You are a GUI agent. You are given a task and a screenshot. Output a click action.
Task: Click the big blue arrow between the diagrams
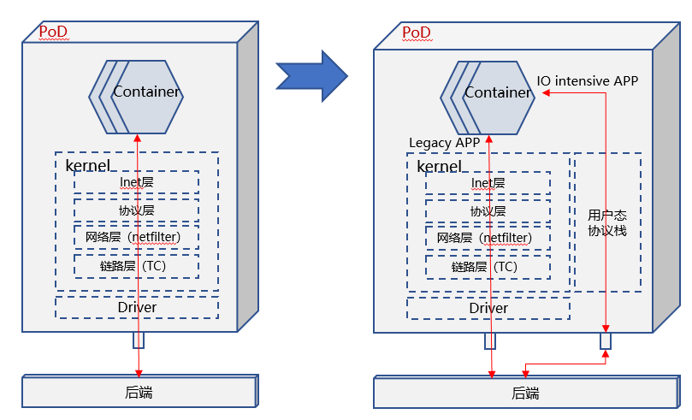[311, 74]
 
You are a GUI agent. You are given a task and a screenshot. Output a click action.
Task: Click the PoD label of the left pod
[53, 33]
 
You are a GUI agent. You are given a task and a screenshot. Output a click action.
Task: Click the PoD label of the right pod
[416, 33]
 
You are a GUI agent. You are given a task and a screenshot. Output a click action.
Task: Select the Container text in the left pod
[146, 92]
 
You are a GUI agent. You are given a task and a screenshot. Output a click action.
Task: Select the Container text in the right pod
[498, 92]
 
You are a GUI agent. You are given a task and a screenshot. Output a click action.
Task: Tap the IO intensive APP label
[588, 81]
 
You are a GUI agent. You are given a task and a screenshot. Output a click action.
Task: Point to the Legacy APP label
[444, 143]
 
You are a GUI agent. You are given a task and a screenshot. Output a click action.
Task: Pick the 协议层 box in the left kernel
[136, 210]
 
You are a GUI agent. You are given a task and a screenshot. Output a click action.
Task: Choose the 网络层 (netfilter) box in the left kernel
[136, 238]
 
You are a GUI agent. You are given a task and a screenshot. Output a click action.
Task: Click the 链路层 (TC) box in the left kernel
[136, 266]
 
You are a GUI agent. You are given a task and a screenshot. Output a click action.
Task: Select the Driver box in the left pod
[137, 306]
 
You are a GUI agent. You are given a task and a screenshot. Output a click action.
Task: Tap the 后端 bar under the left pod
[139, 393]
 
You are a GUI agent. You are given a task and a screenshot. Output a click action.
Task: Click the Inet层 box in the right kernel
[488, 183]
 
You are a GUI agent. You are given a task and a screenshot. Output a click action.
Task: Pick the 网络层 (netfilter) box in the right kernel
[488, 238]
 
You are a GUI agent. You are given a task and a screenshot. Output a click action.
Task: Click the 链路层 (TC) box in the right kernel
[488, 266]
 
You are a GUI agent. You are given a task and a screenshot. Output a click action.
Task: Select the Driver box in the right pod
[488, 307]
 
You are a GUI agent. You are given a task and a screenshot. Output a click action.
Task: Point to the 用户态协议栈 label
[607, 222]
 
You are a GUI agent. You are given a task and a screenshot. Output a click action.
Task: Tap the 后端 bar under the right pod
[525, 393]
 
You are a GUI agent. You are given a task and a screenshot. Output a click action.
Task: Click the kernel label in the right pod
[439, 166]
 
